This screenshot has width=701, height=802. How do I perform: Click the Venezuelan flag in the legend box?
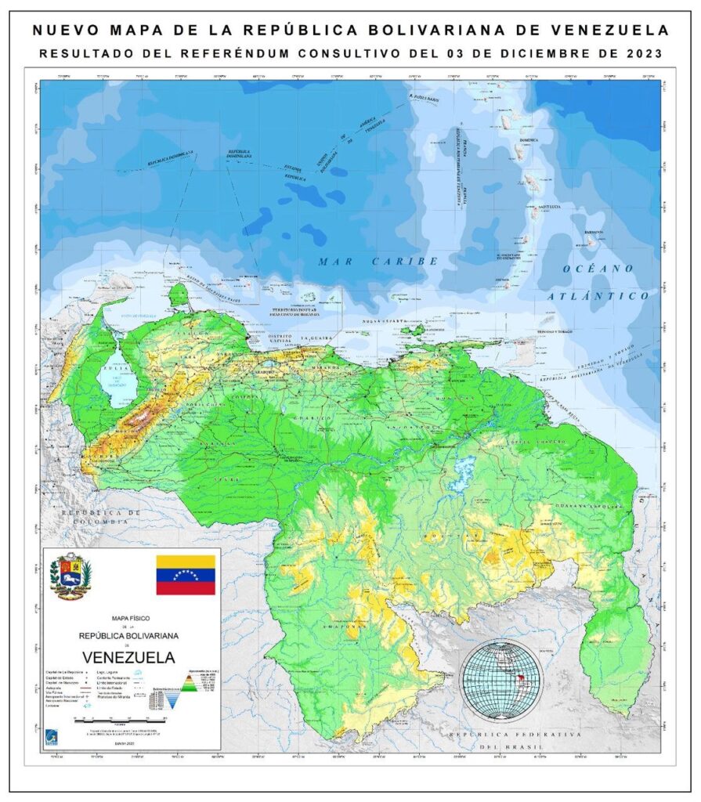coord(186,574)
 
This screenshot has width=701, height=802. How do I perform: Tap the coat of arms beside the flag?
coord(71,576)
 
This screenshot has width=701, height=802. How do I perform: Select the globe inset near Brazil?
coord(501,678)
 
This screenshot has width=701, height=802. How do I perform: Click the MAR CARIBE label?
coord(378,261)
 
